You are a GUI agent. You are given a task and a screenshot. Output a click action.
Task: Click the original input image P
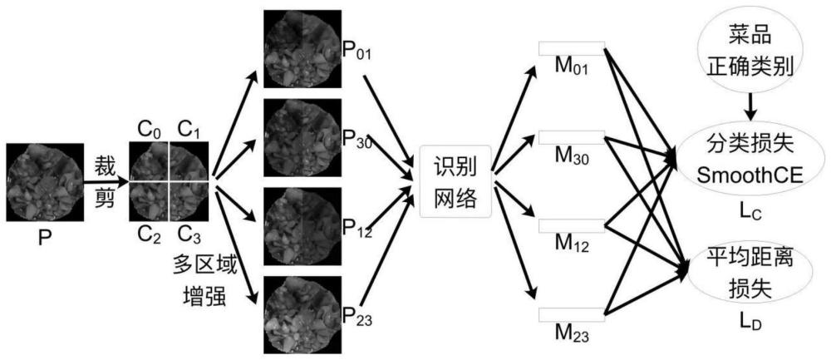[x=45, y=182]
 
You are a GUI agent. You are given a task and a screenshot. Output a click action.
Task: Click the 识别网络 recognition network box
[x=455, y=182]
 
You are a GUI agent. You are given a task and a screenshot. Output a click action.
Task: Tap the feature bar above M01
[x=572, y=47]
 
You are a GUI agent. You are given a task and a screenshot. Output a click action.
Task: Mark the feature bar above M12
[x=572, y=226]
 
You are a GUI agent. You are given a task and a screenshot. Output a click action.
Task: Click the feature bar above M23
[x=572, y=314]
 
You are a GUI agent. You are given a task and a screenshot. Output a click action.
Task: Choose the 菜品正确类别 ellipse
[x=752, y=52]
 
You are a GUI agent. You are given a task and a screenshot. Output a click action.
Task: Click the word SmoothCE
[x=752, y=175]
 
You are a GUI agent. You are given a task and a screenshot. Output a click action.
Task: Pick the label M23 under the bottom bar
[x=572, y=333]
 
